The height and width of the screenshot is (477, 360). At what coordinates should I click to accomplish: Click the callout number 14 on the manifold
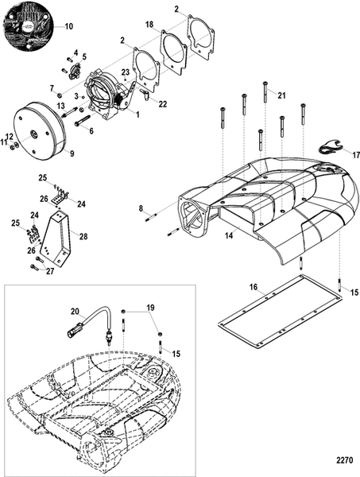[229, 236]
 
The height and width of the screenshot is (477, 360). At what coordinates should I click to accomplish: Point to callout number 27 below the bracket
[48, 271]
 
